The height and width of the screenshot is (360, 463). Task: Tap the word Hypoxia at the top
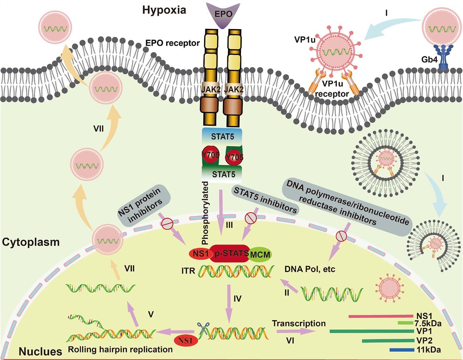point(164,10)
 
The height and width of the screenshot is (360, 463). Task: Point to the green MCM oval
point(260,255)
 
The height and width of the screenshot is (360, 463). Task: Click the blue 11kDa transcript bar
point(402,350)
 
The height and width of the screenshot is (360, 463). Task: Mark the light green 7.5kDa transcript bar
point(405,322)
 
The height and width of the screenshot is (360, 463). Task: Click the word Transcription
point(299,323)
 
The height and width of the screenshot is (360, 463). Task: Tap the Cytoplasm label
point(31,242)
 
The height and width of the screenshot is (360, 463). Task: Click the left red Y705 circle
point(210,155)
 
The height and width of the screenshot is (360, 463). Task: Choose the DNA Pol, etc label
point(310,269)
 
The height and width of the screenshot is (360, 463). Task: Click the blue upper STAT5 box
point(222,137)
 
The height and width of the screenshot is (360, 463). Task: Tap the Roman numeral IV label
point(237,299)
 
